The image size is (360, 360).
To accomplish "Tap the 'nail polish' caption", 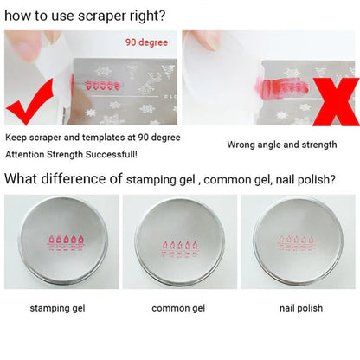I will pyautogui.click(x=299, y=307).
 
